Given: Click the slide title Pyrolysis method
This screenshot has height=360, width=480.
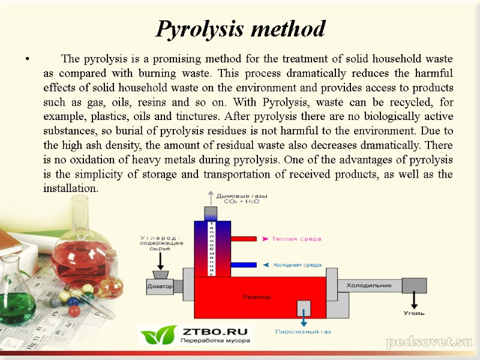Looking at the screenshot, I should click(x=240, y=29).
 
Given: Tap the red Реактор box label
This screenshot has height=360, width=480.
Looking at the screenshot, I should click(x=256, y=297).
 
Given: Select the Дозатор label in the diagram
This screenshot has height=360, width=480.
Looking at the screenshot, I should click(x=160, y=287).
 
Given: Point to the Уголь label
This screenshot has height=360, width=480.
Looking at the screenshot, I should click(x=414, y=313).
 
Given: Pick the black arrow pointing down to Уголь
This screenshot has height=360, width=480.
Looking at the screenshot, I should click(x=414, y=299).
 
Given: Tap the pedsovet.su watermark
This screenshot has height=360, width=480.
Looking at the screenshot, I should click(x=430, y=343).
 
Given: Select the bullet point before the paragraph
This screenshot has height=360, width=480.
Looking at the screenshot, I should click(x=26, y=59).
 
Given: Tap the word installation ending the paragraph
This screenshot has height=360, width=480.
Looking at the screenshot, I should click(x=70, y=188).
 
